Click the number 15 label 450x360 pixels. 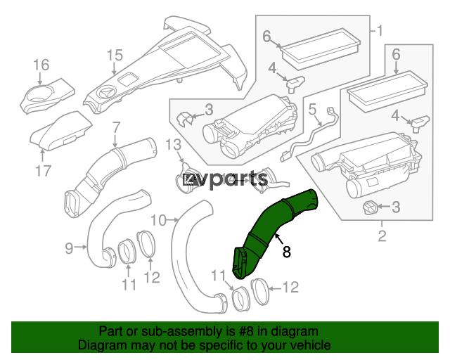pyautogui.click(x=115, y=55)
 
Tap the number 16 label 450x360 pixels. pyautogui.click(x=41, y=65)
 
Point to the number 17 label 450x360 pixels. pyautogui.click(x=43, y=171)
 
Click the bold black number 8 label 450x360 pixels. pyautogui.click(x=286, y=252)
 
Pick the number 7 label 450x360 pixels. pyautogui.click(x=115, y=128)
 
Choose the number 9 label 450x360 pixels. pyautogui.click(x=69, y=248)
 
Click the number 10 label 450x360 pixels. pyautogui.click(x=158, y=221)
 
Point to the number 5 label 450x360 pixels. pyautogui.click(x=312, y=110)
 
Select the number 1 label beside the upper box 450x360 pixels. pyautogui.click(x=380, y=31)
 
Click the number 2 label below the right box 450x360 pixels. pyautogui.click(x=382, y=236)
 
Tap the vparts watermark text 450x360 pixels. pyautogui.click(x=226, y=179)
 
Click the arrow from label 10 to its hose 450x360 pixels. pyautogui.click(x=172, y=220)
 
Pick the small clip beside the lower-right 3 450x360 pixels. pyautogui.click(x=371, y=207)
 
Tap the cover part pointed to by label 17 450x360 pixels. pyautogui.click(x=61, y=131)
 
